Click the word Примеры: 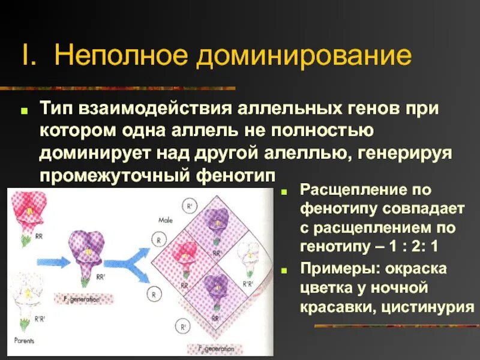tap(335, 268)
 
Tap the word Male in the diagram tap(166, 220)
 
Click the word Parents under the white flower tap(24, 340)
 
